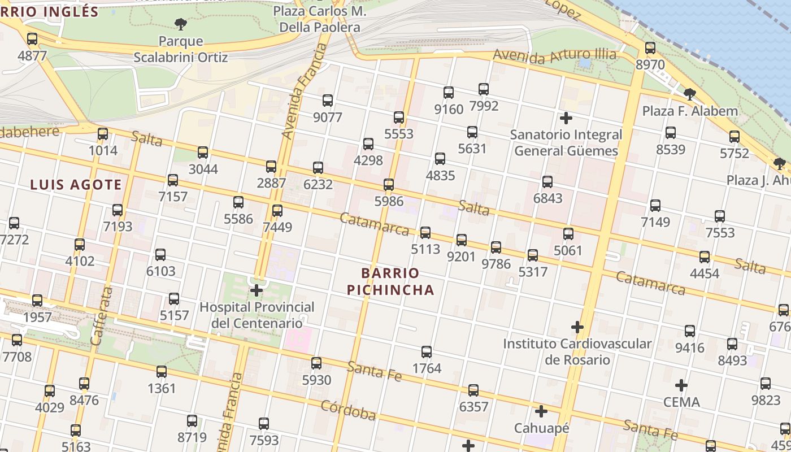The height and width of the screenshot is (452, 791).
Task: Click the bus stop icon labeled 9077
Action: pos(328,101)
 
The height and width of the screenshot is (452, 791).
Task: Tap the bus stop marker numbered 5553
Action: pos(399,118)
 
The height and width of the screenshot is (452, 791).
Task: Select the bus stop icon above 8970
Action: pos(650,48)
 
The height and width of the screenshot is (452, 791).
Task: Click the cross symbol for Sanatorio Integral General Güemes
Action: pos(566,118)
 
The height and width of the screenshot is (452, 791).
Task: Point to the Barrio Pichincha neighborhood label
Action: pos(390,281)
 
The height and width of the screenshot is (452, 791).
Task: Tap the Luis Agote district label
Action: pos(76,185)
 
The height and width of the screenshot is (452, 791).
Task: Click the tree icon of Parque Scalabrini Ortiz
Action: pos(181,24)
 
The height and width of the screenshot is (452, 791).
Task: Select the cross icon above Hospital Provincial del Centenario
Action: pos(257,291)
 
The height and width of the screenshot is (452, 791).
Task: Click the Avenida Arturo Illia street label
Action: pos(554,56)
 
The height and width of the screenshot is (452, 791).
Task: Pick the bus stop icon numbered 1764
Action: pos(427,352)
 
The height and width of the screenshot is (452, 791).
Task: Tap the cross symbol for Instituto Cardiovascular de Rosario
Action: pos(577,327)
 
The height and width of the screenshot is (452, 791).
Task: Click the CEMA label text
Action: pos(681,402)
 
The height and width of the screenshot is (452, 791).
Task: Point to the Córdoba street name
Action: pos(348,411)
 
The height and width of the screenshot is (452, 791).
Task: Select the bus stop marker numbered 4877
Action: pos(32,39)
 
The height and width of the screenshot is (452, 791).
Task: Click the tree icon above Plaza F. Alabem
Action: pos(689,94)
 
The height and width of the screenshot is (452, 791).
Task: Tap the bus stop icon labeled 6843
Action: pos(547,182)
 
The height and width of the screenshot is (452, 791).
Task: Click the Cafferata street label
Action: pos(101,316)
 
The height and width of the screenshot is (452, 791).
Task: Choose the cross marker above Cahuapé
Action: pos(541,411)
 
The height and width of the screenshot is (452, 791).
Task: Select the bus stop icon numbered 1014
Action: pos(103,134)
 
